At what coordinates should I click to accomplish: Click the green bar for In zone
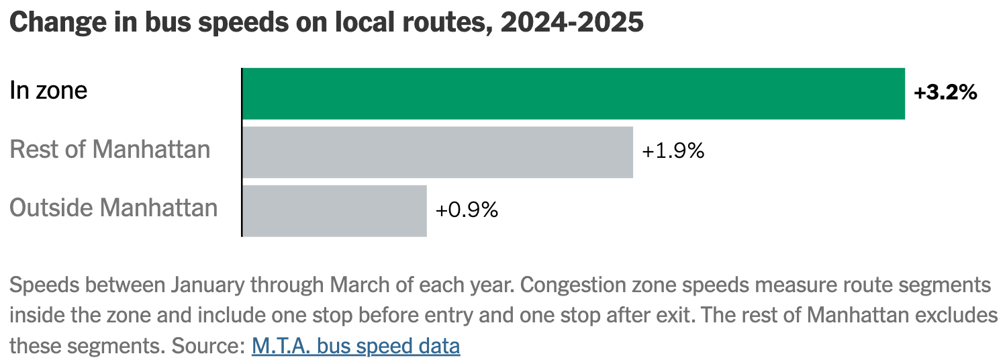(573, 94)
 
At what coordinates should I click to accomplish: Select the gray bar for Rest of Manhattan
(437, 152)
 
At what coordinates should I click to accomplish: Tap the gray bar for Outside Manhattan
(334, 211)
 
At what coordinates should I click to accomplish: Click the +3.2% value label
(945, 93)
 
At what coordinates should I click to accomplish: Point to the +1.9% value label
(673, 151)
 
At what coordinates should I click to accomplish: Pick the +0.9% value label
(467, 210)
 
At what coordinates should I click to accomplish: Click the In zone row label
(48, 90)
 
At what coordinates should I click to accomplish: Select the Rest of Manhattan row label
(110, 149)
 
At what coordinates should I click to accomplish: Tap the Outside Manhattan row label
(113, 208)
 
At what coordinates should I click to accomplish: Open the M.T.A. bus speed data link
(356, 346)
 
